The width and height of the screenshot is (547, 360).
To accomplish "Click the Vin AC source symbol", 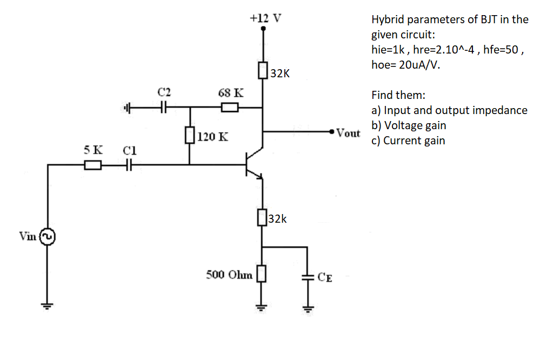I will [48, 237].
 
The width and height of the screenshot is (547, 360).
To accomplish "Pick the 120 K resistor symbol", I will [190, 135].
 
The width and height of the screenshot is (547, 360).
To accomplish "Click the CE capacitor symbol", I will [308, 277].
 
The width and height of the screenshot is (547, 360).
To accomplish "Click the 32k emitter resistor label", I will [278, 219].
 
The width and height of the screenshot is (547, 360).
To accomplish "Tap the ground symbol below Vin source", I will [48, 306].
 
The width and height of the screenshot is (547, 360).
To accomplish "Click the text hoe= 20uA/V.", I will [405, 65].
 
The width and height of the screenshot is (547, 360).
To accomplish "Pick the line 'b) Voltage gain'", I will [409, 125].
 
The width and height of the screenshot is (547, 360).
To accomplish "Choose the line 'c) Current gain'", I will [408, 141].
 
